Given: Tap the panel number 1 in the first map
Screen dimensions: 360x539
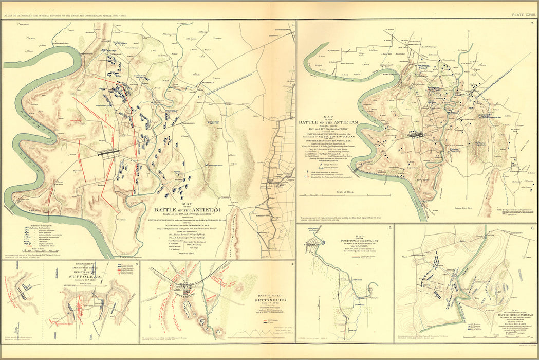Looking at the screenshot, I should point(292,24).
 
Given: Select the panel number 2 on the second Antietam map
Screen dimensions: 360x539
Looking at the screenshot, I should point(532,24).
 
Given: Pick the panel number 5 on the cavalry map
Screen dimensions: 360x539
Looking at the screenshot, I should point(390,227).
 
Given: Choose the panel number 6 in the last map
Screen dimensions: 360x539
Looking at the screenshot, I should point(532,227).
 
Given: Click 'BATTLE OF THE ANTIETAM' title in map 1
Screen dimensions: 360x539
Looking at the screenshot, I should point(188,209).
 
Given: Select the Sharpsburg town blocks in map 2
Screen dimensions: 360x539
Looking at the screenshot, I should point(415,135).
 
